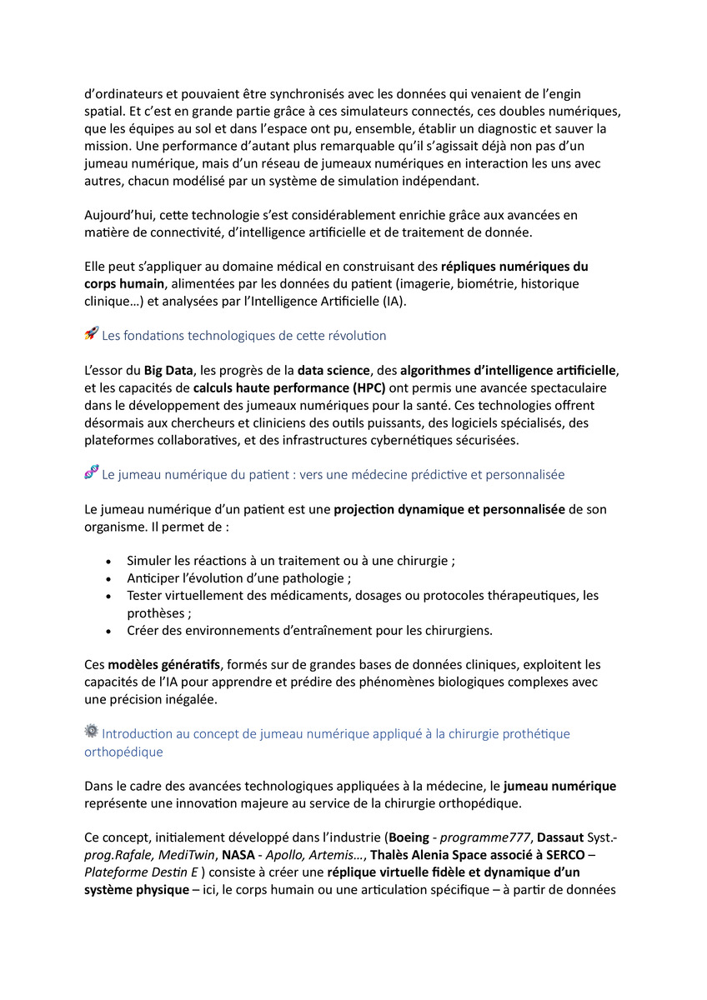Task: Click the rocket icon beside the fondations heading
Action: tap(92, 334)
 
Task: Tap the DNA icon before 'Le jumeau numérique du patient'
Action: tap(92, 472)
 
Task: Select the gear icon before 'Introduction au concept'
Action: tap(92, 732)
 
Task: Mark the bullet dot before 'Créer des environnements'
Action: tap(109, 631)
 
